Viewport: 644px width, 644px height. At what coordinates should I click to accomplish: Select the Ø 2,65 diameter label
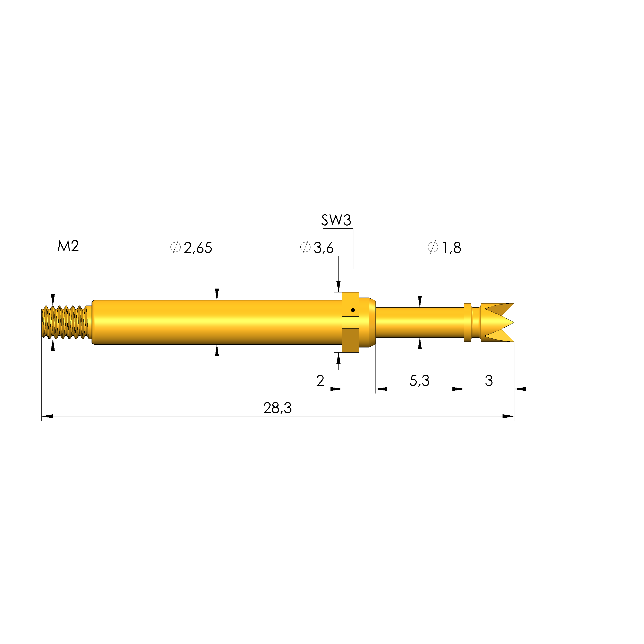click(x=191, y=248)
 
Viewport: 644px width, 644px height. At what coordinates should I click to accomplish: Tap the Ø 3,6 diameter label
click(x=317, y=248)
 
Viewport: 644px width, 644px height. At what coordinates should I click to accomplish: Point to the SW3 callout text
click(x=336, y=220)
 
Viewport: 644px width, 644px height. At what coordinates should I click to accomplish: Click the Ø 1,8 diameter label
click(x=444, y=248)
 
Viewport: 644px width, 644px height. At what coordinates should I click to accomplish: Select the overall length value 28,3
click(x=277, y=408)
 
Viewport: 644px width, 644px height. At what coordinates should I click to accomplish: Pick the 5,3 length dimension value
click(x=419, y=381)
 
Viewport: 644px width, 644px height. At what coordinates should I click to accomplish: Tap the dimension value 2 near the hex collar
click(x=320, y=380)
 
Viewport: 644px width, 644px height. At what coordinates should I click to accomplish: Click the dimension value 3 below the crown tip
click(x=489, y=380)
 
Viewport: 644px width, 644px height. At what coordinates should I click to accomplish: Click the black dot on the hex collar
click(x=353, y=310)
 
